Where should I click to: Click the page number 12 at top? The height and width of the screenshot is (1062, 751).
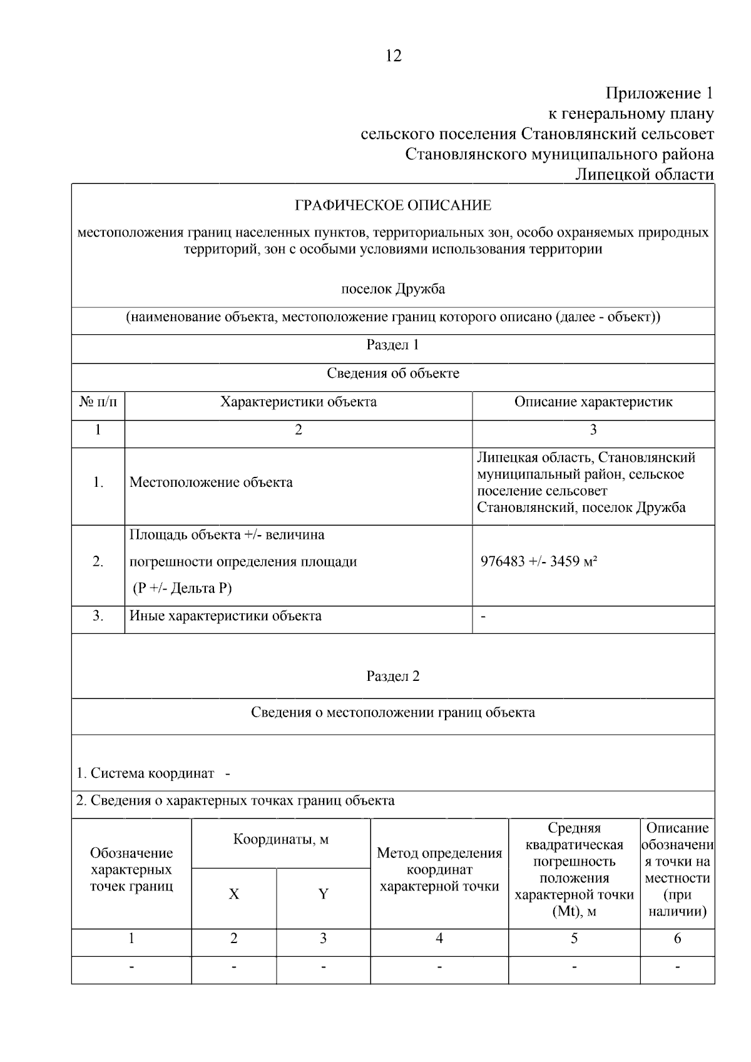[x=394, y=56]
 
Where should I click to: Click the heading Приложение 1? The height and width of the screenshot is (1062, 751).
[x=659, y=94]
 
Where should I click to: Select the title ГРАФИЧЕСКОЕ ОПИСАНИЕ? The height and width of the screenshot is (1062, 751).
[x=393, y=205]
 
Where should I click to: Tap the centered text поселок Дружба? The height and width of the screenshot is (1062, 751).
[x=393, y=289]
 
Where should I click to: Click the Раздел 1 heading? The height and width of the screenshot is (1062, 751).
[x=392, y=345]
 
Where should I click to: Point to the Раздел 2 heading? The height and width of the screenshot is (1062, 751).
[x=392, y=677]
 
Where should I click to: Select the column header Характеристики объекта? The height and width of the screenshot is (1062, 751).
[x=298, y=402]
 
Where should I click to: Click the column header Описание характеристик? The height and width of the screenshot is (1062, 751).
[x=593, y=402]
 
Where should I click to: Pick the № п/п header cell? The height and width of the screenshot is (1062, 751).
[x=98, y=402]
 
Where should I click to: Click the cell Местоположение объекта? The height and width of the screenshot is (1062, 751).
[x=211, y=482]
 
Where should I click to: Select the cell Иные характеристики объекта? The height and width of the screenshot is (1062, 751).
[x=225, y=616]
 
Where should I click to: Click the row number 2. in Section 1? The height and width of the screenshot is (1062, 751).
[x=98, y=561]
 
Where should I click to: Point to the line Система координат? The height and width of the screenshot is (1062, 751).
[x=146, y=774]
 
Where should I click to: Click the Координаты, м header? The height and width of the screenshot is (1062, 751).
[x=281, y=839]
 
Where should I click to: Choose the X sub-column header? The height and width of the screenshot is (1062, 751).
[x=233, y=894]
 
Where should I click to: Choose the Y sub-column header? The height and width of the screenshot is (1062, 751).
[x=323, y=894]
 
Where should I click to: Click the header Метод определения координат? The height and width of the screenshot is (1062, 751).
[x=439, y=870]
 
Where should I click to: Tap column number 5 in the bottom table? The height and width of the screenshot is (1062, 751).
[x=574, y=939]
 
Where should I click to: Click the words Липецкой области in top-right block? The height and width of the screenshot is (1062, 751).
[x=645, y=175]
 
